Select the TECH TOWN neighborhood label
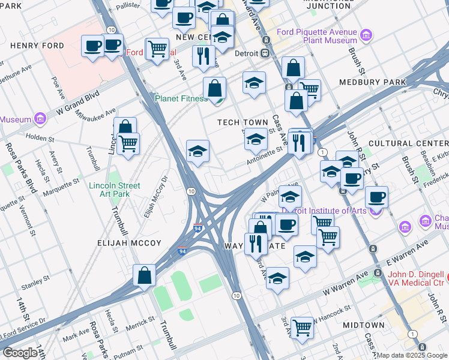tap(243, 122)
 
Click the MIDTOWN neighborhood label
tap(363, 325)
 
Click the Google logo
tap(20, 353)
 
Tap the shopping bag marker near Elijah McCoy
tap(145, 277)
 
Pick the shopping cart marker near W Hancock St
tap(303, 328)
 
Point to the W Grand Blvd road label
tap(77, 103)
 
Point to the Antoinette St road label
tap(263, 157)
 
